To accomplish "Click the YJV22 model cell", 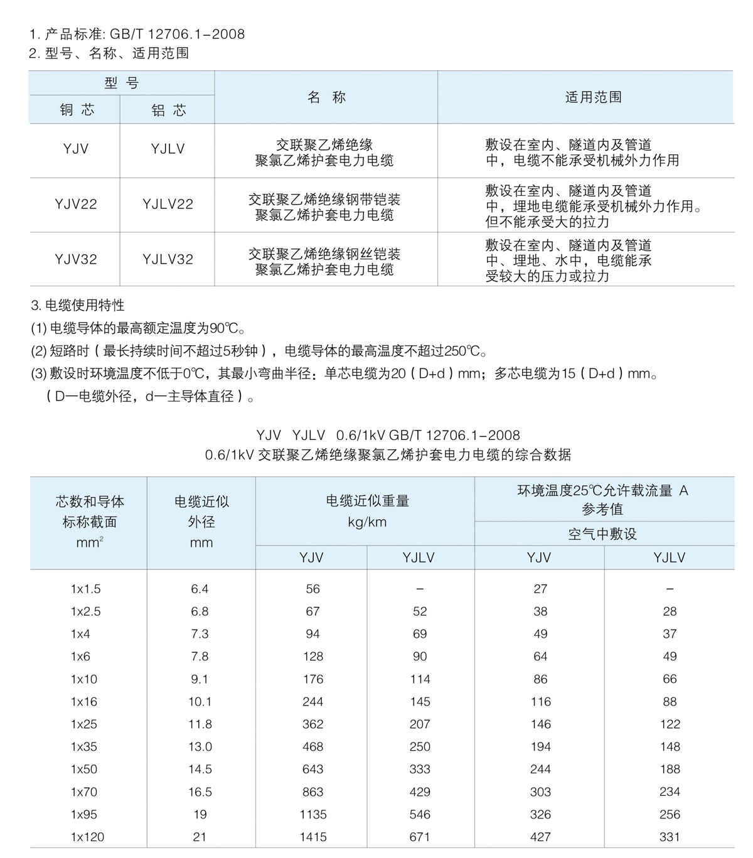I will click(x=76, y=204).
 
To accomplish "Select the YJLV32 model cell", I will click(x=168, y=259).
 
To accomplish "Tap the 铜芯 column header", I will click(x=77, y=110).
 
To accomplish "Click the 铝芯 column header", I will click(x=168, y=110).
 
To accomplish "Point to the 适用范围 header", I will click(x=593, y=97).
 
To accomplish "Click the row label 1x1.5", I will click(x=85, y=589).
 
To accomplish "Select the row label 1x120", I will click(x=87, y=837).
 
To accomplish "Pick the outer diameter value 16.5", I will click(x=200, y=791).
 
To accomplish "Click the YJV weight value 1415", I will click(x=312, y=837).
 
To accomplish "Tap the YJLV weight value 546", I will click(x=420, y=814).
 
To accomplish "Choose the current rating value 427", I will click(x=540, y=837).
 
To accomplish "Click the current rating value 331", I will click(x=670, y=837).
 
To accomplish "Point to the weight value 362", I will click(x=312, y=724).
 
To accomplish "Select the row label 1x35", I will click(x=84, y=746).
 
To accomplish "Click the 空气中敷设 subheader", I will click(x=602, y=534).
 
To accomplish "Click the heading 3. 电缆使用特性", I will click(x=78, y=306).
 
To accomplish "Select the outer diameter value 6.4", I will click(x=200, y=589).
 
